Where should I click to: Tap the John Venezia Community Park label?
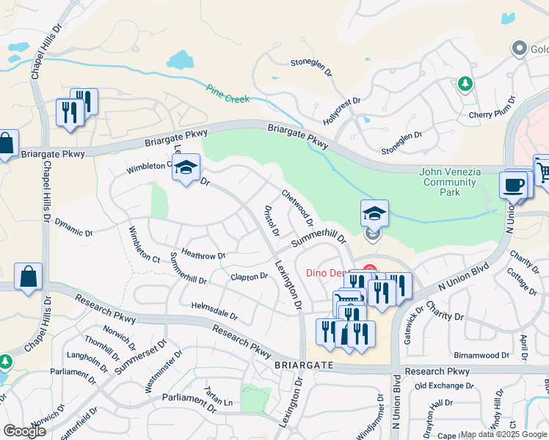[x=450, y=182]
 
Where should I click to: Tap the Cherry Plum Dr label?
[x=490, y=114]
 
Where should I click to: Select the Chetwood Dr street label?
[x=298, y=208]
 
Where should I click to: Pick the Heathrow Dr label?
[x=203, y=254]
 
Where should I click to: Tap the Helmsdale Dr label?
[x=214, y=310]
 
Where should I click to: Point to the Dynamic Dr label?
[x=74, y=228]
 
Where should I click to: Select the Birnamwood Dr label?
[x=481, y=355]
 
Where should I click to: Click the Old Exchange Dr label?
[x=443, y=386]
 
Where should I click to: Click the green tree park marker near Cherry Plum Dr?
[x=465, y=84]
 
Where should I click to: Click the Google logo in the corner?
[x=24, y=431]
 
